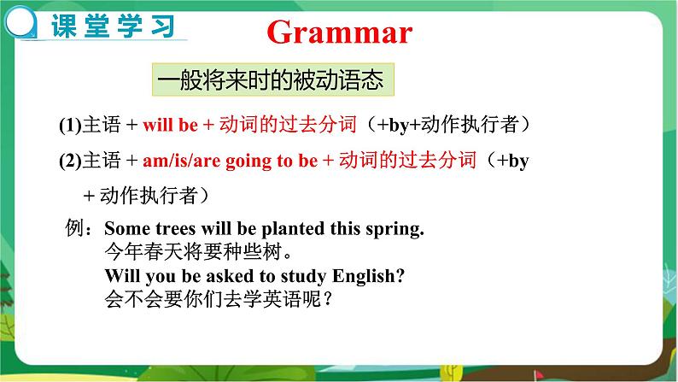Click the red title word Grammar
[x=339, y=32]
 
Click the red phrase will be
[x=170, y=125]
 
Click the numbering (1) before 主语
[x=68, y=125]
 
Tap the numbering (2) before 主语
[x=68, y=160]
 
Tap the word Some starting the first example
[x=124, y=229]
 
